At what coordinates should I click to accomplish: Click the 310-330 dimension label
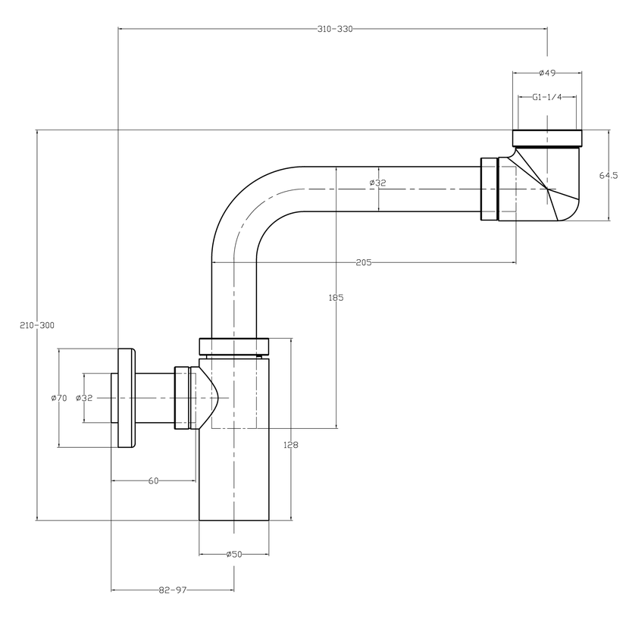click(x=335, y=29)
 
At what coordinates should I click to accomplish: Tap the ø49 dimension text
click(x=548, y=73)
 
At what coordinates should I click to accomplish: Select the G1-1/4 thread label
click(x=547, y=97)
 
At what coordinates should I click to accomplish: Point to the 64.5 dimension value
click(x=608, y=175)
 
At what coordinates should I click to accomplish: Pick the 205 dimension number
click(x=363, y=262)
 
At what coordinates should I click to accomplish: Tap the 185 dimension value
click(x=336, y=298)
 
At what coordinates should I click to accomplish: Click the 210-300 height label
click(x=37, y=325)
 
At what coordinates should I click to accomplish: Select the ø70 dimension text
click(x=59, y=398)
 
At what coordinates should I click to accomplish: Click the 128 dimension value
click(x=290, y=445)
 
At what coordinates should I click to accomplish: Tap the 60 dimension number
click(x=153, y=480)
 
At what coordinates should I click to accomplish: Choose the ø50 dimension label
click(x=233, y=555)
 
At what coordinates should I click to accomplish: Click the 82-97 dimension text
click(x=172, y=590)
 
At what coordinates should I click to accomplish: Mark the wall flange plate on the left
click(x=126, y=398)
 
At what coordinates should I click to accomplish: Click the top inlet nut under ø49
click(x=548, y=138)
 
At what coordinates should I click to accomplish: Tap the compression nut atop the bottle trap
click(x=233, y=346)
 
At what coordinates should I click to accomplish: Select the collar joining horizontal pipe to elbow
click(x=489, y=188)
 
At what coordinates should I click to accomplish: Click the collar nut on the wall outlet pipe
click(x=182, y=398)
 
